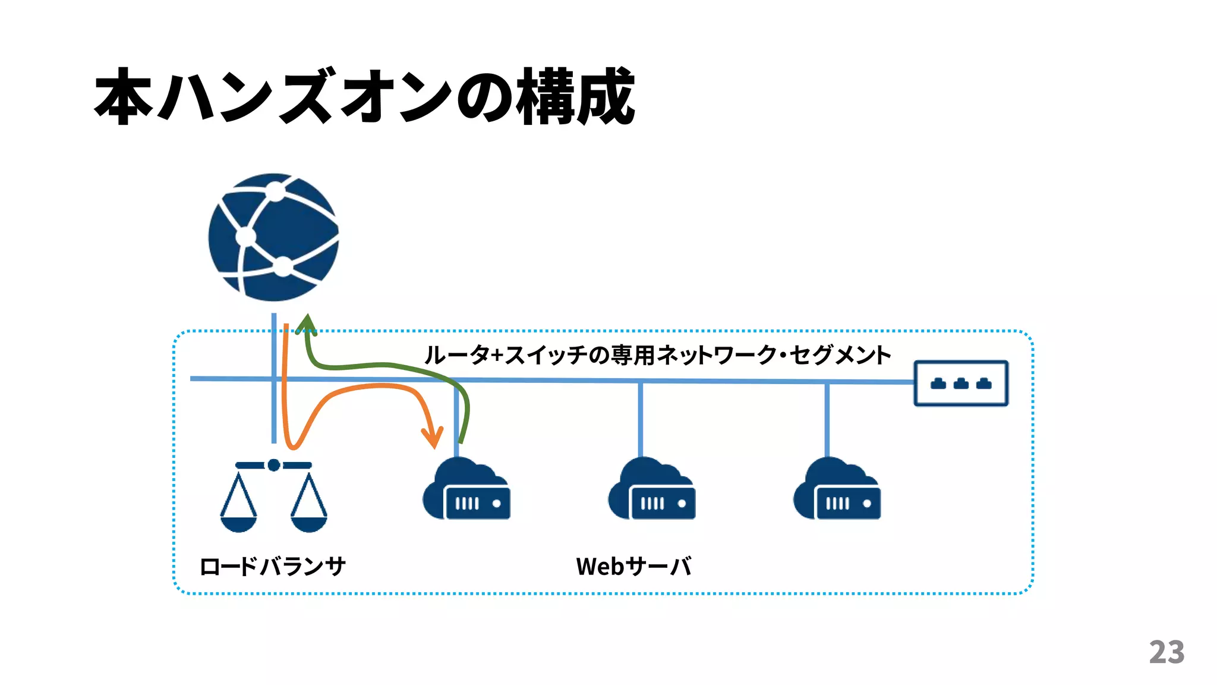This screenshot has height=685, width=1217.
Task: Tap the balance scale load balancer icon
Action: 273,497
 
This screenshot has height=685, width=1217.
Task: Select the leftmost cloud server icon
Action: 466,490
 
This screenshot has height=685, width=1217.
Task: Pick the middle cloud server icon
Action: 652,490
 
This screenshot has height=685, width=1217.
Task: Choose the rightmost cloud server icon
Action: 837,490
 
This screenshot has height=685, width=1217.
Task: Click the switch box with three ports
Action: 961,384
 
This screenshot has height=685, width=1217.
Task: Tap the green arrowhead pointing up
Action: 306,324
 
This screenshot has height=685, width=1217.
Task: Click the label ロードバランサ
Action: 272,567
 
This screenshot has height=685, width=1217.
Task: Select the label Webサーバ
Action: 633,567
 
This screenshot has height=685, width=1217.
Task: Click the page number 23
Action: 1166,652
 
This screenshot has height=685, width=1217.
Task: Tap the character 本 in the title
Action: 124,96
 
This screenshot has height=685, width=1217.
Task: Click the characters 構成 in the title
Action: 575,96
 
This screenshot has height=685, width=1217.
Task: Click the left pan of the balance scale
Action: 238,523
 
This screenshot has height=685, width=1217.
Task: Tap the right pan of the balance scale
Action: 309,523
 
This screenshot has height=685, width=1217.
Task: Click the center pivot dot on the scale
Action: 273,465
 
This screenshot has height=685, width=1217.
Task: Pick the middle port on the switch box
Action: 961,384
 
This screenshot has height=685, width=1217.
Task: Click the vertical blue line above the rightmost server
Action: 827,419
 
